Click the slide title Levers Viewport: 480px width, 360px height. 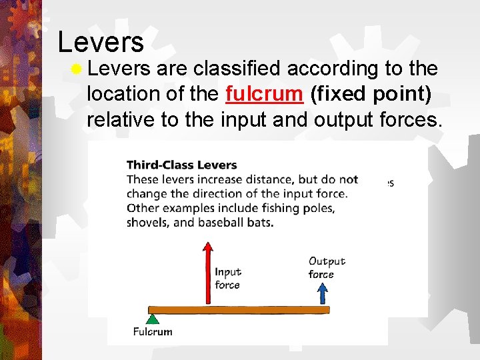[101, 41]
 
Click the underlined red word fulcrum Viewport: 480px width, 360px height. [264, 95]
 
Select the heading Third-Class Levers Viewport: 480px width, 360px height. [181, 165]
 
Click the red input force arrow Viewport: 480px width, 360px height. [208, 273]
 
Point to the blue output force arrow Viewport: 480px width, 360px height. [323, 293]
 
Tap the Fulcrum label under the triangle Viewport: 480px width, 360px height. [153, 332]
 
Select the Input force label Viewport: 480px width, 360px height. [227, 278]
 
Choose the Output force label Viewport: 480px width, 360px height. [327, 267]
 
